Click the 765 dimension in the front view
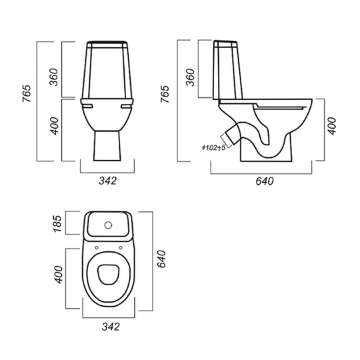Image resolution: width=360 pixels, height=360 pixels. pos(27,94)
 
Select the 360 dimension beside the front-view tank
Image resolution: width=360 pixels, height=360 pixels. pos(54,77)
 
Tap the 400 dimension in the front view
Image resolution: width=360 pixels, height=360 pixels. pos(55,126)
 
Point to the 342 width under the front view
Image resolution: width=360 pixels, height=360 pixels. pos(107,181)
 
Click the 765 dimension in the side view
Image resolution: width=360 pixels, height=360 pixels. pos(165,94)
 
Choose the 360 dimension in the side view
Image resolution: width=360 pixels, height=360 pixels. pos(190,77)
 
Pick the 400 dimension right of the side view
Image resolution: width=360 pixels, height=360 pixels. pos(332,126)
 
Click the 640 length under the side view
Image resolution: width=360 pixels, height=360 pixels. pos(265,181)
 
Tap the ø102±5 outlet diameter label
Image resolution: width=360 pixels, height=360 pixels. pos(213,147)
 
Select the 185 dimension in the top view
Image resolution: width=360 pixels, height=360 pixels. pos(57,223)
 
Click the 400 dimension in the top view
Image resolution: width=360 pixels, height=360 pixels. pos(58,275)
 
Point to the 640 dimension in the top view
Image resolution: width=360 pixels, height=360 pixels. pos(161,259)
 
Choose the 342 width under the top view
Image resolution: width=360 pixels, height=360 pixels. pos(111,327)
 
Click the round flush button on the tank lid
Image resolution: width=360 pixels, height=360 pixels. pos(108,225)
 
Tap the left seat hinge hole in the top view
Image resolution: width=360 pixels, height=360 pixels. pos(97,248)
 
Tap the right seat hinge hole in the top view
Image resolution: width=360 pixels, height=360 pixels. pos(121,247)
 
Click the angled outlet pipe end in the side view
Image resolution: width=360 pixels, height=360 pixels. pos(231,137)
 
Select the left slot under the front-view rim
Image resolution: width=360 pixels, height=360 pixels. pos(87,106)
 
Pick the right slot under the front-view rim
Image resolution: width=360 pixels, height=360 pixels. pos(126,106)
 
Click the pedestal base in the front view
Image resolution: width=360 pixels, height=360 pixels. pos(107,146)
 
